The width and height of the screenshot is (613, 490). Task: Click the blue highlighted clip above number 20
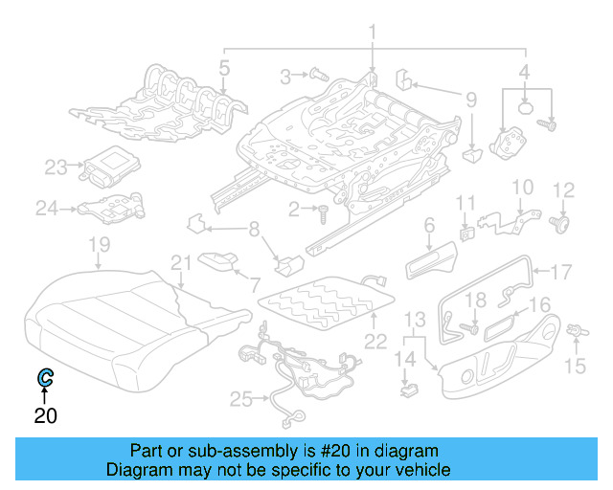click(x=45, y=380)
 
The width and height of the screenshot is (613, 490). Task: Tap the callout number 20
click(x=45, y=416)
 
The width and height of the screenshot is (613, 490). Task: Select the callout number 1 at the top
click(x=374, y=34)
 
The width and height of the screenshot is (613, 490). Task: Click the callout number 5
click(x=223, y=68)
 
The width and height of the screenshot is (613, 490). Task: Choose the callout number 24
click(x=47, y=208)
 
